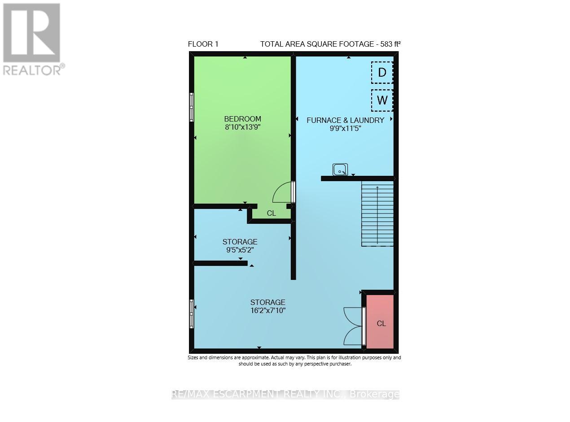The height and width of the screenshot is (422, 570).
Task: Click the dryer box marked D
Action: [x=382, y=73]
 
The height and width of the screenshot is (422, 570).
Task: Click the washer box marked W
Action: [x=382, y=100]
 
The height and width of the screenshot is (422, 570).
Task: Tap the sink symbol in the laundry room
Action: [x=340, y=170]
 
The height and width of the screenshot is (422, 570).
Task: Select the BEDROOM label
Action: [x=242, y=119]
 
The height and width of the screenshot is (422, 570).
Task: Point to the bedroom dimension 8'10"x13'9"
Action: [x=242, y=127]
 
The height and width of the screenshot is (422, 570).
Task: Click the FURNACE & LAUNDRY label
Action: [x=345, y=120]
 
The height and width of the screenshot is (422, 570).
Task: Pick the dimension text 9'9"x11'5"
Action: [x=345, y=128]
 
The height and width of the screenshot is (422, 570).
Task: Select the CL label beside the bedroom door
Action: [x=271, y=213]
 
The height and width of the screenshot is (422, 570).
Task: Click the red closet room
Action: [x=381, y=322]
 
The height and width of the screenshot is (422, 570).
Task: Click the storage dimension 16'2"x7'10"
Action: [x=267, y=310]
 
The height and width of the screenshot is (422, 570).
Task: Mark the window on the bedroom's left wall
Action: [x=192, y=107]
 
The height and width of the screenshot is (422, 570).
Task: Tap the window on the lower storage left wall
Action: [x=192, y=314]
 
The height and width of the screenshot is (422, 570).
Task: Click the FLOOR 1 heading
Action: [x=203, y=44]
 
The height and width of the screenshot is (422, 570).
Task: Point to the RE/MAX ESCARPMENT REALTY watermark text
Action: [x=285, y=394]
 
